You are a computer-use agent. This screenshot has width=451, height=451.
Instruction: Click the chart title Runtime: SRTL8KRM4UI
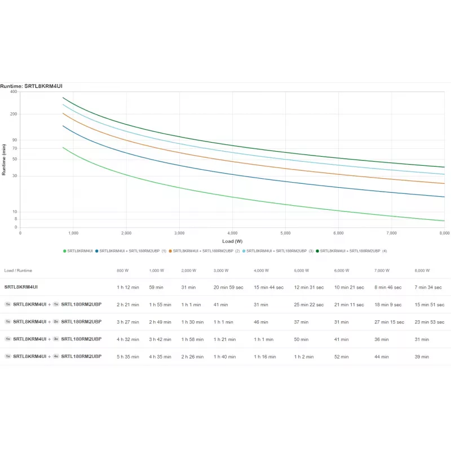(x=31, y=86)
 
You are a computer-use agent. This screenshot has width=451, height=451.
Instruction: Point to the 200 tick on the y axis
(x=14, y=114)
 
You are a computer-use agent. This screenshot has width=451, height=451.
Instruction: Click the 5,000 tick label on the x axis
(x=285, y=233)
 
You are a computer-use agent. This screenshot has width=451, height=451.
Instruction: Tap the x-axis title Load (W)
(x=232, y=241)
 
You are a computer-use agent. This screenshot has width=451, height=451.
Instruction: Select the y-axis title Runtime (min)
(x=4, y=160)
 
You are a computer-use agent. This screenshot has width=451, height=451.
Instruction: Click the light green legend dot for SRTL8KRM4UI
(x=65, y=251)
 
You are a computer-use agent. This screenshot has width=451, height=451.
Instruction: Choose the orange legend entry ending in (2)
(x=204, y=251)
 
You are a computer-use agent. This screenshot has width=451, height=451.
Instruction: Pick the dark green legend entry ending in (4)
(x=351, y=251)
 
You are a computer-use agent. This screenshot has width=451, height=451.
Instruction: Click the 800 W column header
(x=122, y=271)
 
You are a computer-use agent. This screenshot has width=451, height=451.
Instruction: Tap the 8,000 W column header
(x=422, y=271)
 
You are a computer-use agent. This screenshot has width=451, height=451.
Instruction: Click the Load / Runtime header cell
(x=18, y=271)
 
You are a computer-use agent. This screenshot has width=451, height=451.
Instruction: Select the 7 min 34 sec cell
(x=428, y=288)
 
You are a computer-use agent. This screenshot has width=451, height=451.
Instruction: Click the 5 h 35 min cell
(x=128, y=357)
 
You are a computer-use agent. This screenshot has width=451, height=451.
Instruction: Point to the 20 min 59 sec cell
(x=228, y=288)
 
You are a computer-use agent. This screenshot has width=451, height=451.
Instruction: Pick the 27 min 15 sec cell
(x=389, y=322)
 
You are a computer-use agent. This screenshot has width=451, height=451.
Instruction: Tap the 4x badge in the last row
(x=56, y=356)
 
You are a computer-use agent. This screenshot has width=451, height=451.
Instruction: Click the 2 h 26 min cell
(x=192, y=357)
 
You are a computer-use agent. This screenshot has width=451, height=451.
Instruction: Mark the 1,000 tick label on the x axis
(x=73, y=233)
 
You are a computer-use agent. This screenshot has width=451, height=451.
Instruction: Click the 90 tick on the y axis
(x=15, y=140)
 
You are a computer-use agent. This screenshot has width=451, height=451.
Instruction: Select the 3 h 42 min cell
(x=160, y=339)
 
